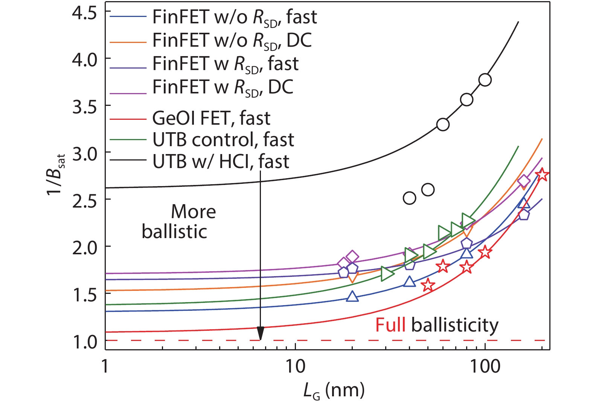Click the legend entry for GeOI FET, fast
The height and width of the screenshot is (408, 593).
(x=211, y=118)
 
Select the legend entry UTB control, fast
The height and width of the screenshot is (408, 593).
(x=223, y=140)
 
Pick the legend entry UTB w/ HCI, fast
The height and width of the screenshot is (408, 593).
(x=221, y=162)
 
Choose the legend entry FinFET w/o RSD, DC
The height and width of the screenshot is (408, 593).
(x=232, y=40)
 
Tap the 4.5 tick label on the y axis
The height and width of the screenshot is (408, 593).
(x=84, y=13)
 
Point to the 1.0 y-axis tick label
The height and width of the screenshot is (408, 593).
(x=84, y=341)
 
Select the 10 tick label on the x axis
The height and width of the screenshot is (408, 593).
(x=295, y=366)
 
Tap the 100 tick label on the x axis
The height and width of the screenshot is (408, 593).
(x=485, y=366)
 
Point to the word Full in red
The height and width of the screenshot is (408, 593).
(x=390, y=325)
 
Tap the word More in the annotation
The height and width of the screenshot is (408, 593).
(x=194, y=212)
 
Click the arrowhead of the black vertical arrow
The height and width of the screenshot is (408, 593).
(x=260, y=334)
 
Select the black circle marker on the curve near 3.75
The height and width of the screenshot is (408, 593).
(x=485, y=80)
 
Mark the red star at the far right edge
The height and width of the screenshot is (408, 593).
(x=542, y=175)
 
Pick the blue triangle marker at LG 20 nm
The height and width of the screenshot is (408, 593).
(x=352, y=296)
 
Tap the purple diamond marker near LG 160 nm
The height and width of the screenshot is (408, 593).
(x=524, y=182)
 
